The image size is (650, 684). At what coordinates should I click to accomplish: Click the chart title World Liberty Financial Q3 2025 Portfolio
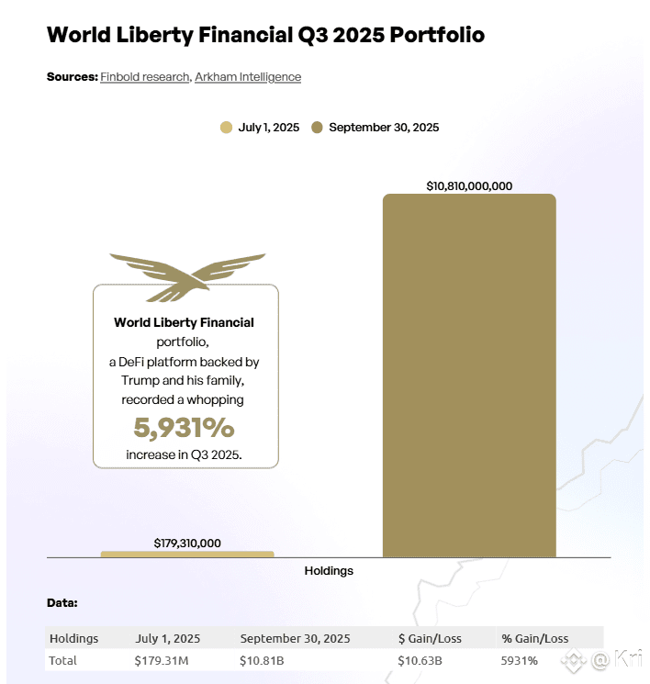pos(265,36)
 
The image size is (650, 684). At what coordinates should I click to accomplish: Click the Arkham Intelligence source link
pos(248,77)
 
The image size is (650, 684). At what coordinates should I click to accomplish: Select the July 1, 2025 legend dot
pos(226,128)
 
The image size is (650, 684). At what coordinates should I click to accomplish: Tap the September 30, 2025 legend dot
pos(317,128)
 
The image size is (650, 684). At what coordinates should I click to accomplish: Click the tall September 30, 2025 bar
pos(469,376)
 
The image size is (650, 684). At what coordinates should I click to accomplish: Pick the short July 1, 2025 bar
pos(187,554)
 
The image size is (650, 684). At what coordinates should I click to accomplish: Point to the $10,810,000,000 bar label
pos(469,185)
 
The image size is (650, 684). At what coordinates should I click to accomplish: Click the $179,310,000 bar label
pos(187,543)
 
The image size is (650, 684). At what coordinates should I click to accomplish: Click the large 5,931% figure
pos(184,428)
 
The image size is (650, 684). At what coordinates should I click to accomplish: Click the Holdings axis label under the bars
pos(329,570)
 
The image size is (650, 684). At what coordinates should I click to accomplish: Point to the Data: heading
pos(62,603)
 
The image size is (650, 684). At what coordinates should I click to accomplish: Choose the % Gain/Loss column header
pos(535,638)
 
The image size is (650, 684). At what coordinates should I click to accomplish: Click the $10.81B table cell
pos(263,660)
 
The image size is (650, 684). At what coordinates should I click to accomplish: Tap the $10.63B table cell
pos(420,660)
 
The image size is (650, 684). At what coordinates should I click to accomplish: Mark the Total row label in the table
pos(63,660)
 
